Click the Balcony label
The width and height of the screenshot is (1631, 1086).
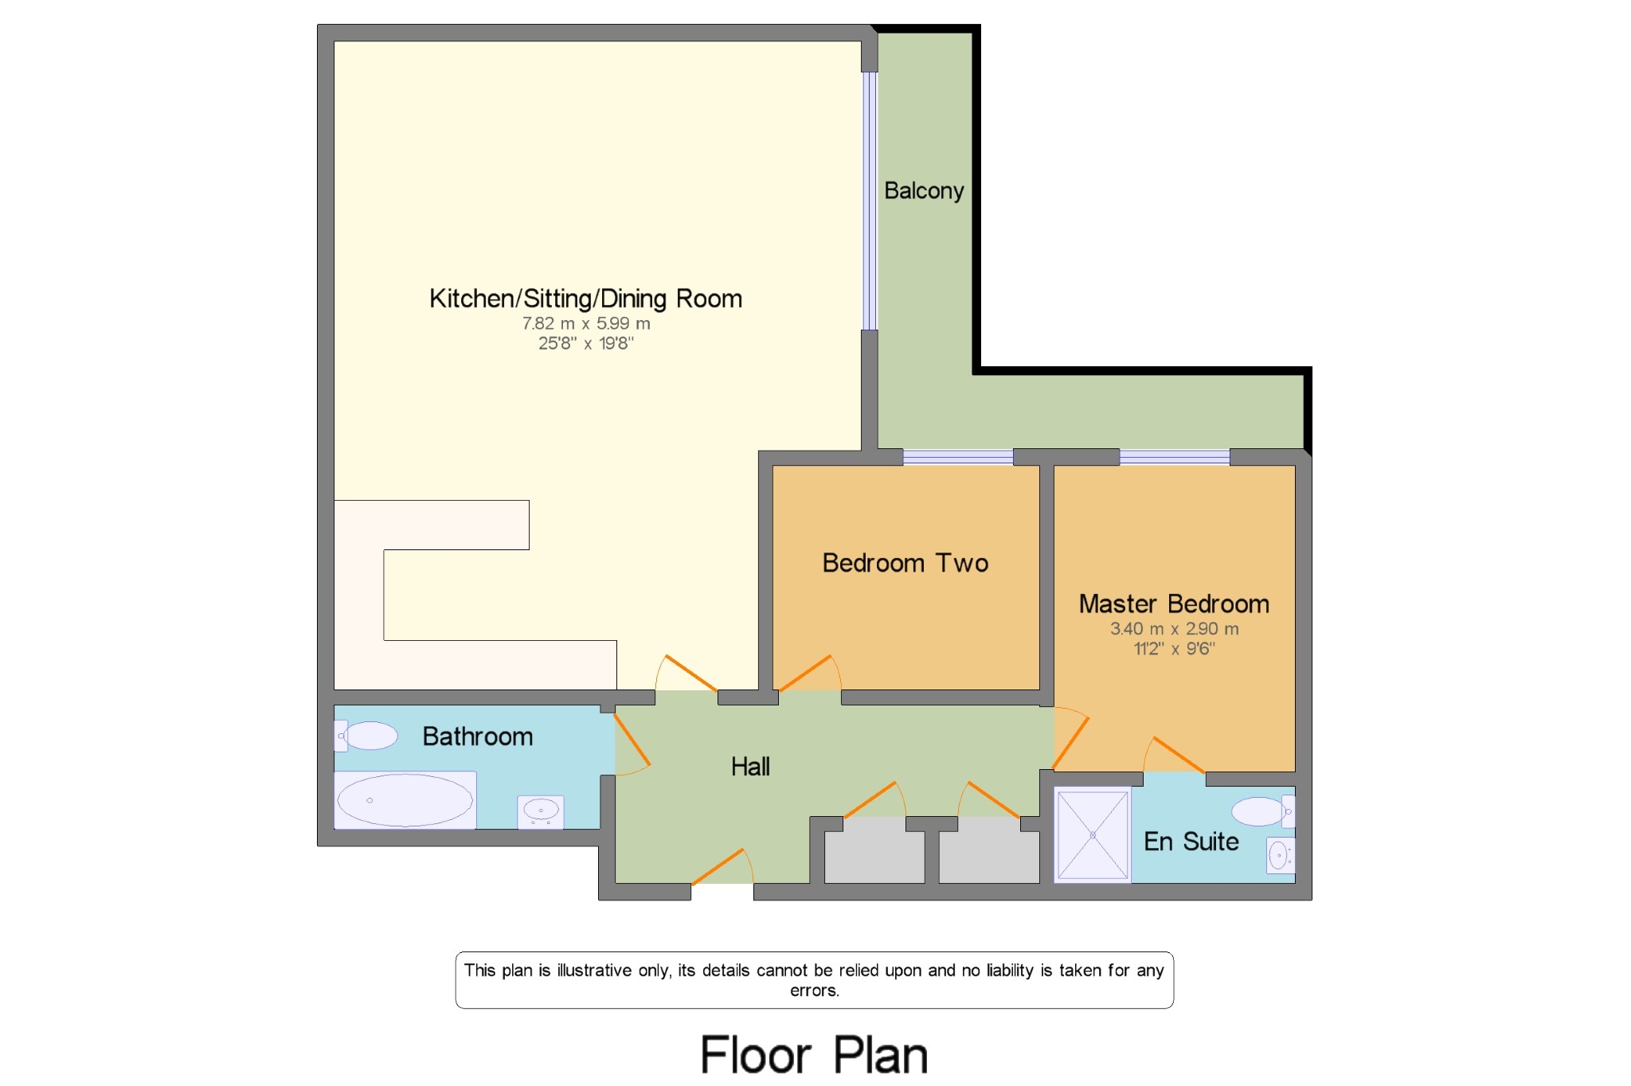click(x=924, y=191)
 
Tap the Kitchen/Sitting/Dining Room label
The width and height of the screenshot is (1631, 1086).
click(x=585, y=299)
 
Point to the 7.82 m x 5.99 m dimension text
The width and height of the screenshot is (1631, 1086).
click(x=586, y=323)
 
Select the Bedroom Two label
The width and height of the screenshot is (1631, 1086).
click(x=905, y=563)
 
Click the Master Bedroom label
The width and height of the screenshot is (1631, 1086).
click(x=1174, y=604)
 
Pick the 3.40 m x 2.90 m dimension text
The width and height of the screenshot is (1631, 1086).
click(x=1175, y=628)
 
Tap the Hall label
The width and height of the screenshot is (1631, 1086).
click(x=750, y=766)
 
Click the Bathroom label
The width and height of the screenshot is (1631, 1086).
click(x=478, y=736)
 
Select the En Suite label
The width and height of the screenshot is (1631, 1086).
click(x=1191, y=841)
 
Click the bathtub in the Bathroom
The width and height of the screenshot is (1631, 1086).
click(x=405, y=799)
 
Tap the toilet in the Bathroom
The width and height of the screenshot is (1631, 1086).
click(x=366, y=736)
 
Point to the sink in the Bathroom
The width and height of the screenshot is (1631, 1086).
click(x=541, y=812)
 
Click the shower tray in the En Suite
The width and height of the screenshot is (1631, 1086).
click(x=1093, y=835)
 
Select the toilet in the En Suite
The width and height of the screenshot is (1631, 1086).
click(x=1263, y=811)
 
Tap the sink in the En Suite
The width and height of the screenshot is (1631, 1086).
click(x=1281, y=856)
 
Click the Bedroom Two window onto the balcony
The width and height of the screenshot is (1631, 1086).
click(x=958, y=457)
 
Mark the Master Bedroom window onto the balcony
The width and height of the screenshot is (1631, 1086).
click(x=1175, y=457)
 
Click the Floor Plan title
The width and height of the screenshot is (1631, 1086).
click(x=815, y=1056)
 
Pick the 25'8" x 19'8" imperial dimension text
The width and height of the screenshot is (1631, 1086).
click(x=586, y=343)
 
